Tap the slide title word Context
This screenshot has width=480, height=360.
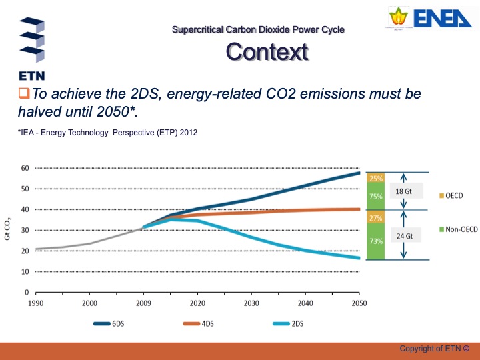[267, 51]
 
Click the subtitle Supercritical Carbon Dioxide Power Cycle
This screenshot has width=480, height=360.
[258, 29]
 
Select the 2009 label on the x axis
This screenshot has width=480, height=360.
[143, 303]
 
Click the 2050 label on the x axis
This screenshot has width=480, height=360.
[359, 303]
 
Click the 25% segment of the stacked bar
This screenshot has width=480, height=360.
[375, 178]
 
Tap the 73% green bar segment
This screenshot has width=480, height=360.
[375, 241]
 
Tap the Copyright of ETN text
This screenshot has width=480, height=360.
[434, 349]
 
